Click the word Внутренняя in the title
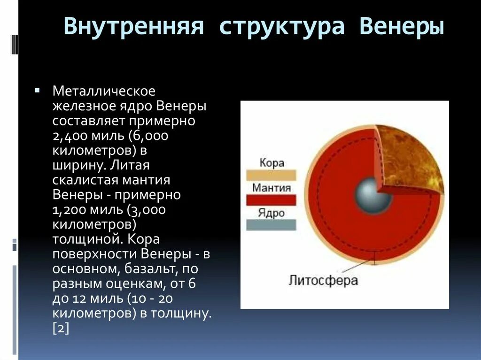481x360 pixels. click(134, 26)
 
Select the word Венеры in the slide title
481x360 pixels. click(402, 27)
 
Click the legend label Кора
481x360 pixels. click(272, 162)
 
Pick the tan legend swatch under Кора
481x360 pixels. click(271, 175)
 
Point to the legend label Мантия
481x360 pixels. click(272, 187)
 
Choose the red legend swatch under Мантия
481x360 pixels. click(271, 200)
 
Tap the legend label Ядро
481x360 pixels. click(271, 213)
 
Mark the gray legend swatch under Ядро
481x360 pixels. click(271, 225)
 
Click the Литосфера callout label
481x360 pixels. click(323, 280)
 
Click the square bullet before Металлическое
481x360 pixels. click(38, 91)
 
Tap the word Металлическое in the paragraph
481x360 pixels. click(104, 91)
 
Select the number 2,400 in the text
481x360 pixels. click(70, 136)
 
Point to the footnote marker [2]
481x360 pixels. click(61, 329)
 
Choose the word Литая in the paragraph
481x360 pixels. click(130, 166)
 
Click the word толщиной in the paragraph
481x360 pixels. click(86, 239)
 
